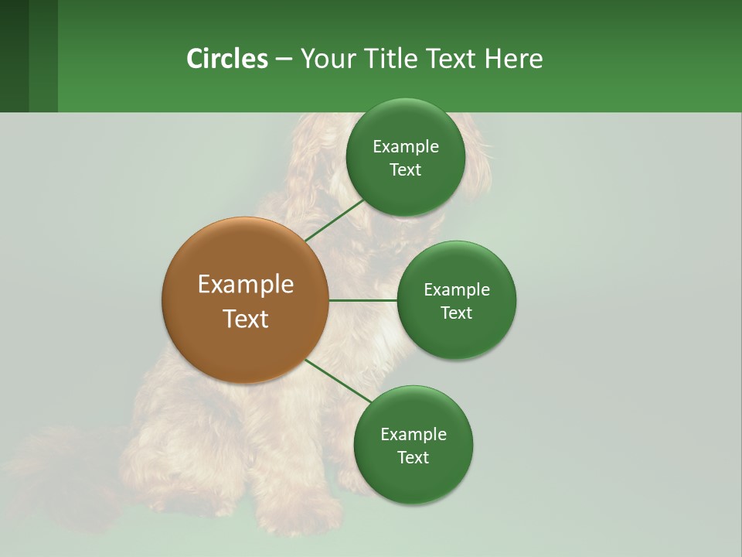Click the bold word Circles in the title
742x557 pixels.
[226, 58]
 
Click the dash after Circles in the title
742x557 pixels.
[284, 60]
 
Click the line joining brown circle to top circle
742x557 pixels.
[335, 220]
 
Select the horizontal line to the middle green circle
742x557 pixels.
[362, 300]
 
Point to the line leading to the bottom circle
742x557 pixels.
[339, 382]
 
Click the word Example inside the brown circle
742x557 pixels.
[245, 285]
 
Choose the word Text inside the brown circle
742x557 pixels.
[245, 319]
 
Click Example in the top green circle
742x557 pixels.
[405, 147]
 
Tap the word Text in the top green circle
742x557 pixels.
[405, 170]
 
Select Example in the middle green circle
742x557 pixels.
[456, 290]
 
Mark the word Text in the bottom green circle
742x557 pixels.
[413, 458]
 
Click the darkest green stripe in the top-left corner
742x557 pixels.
[14, 56]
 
